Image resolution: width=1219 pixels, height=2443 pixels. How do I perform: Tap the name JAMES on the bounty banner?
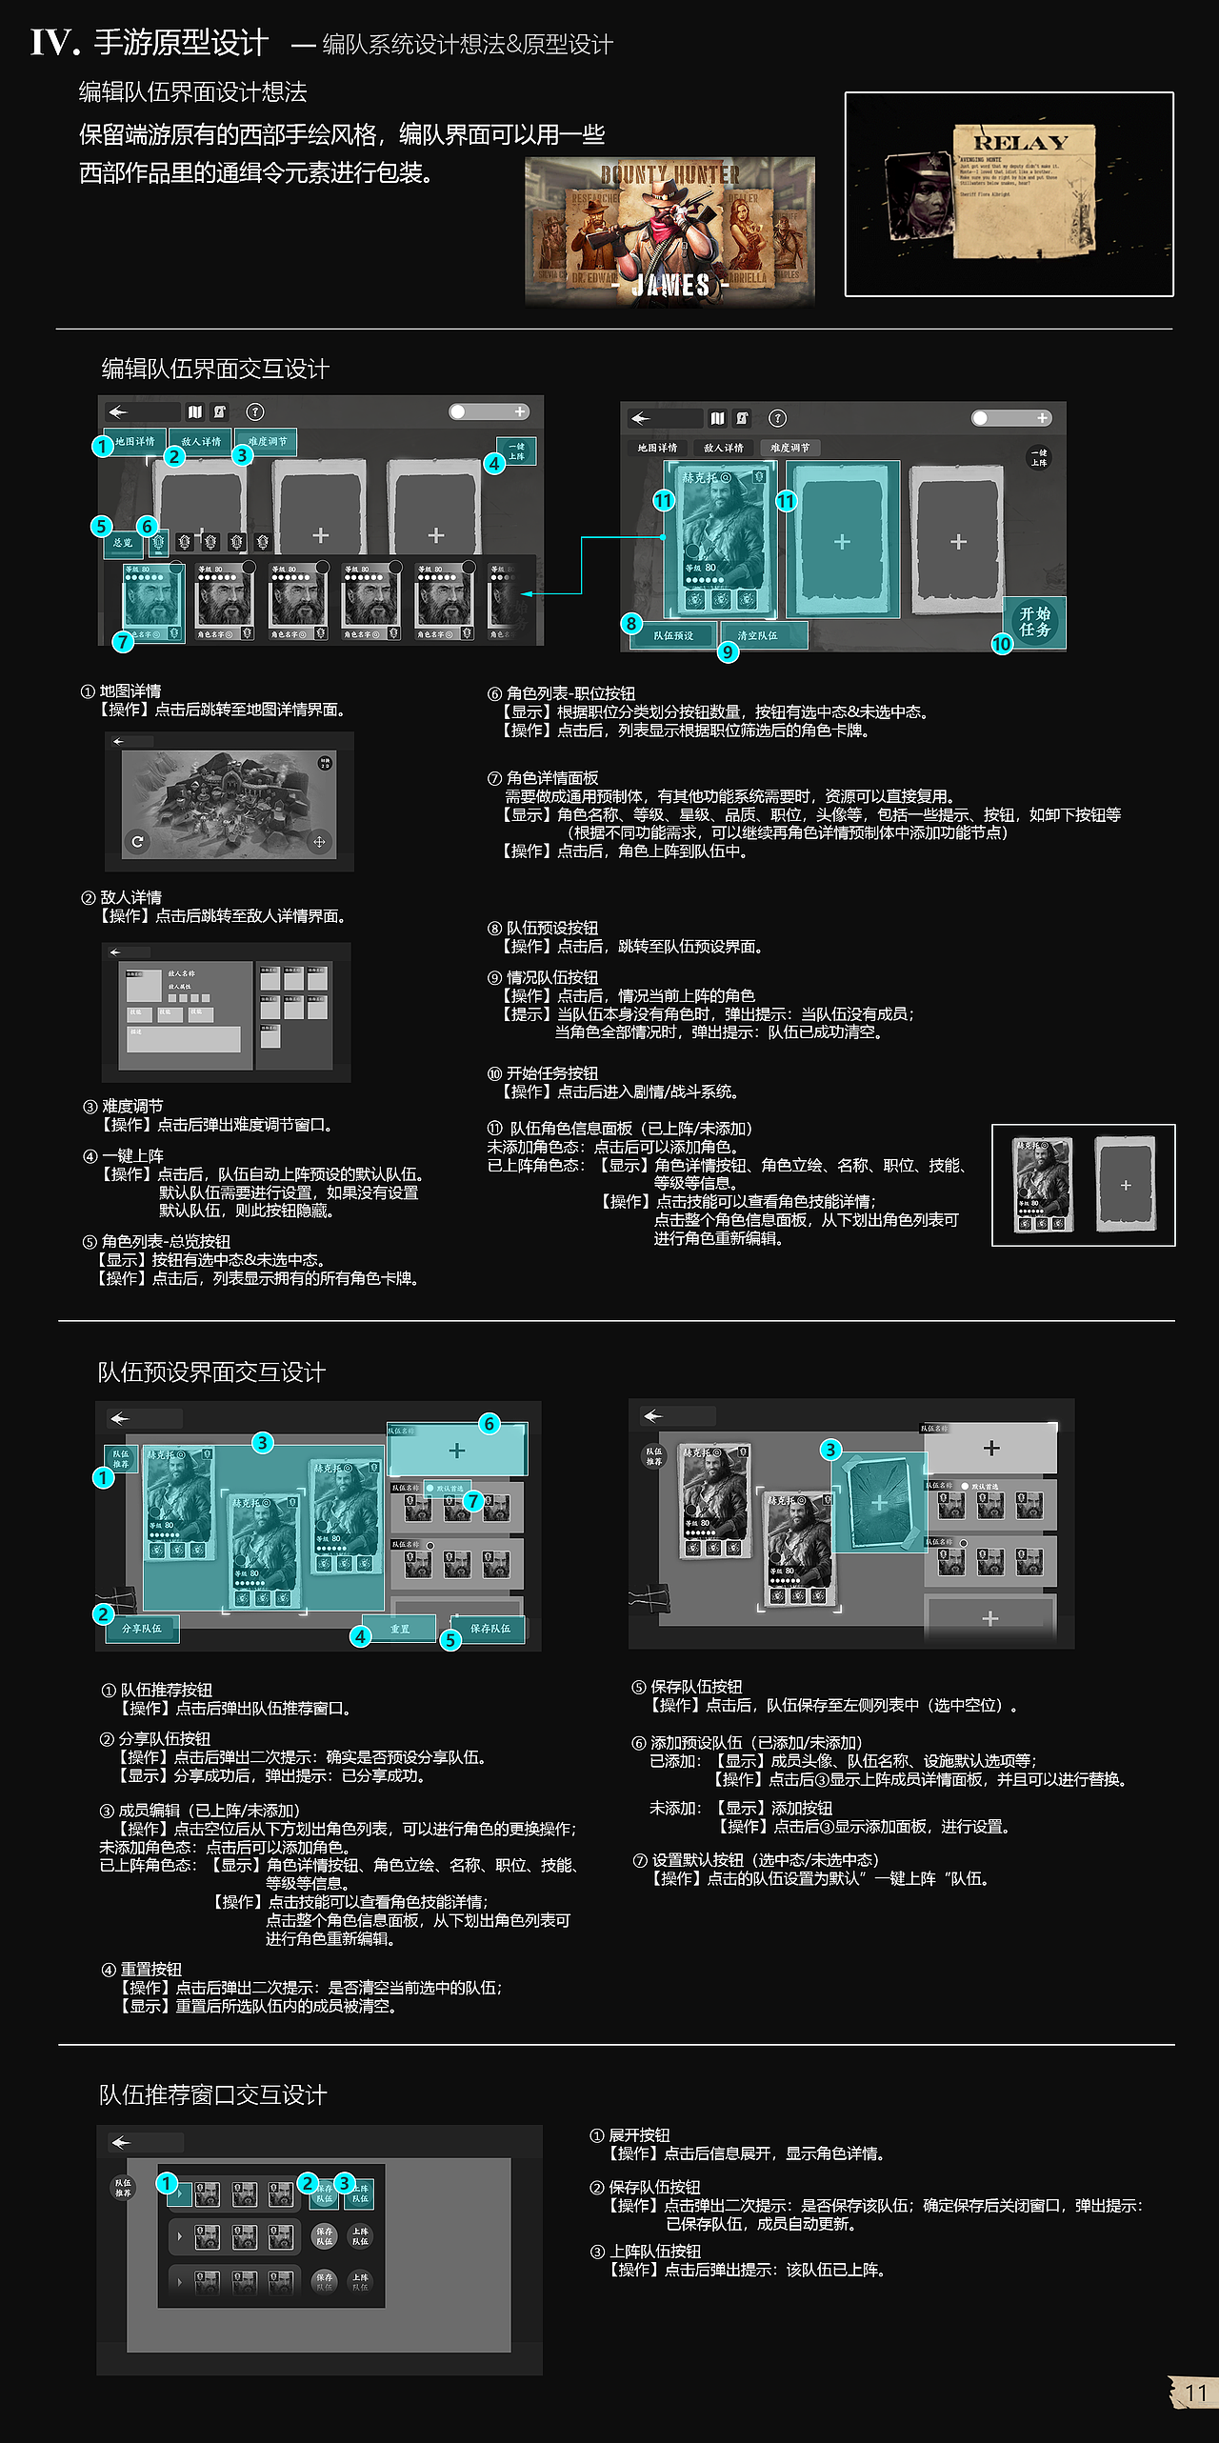point(671,285)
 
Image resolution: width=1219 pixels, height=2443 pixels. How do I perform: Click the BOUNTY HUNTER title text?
point(669,174)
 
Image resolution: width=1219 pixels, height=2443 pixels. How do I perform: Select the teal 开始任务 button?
point(1034,622)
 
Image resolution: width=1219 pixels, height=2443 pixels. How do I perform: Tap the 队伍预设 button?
point(673,635)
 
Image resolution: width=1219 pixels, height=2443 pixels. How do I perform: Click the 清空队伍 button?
point(758,635)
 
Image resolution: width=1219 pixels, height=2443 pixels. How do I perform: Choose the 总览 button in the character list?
point(123,543)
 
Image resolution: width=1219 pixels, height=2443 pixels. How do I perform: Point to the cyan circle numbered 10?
point(1002,645)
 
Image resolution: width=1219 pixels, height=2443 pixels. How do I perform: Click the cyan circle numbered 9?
point(728,651)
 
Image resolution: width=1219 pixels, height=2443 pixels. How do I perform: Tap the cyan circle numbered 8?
point(630,624)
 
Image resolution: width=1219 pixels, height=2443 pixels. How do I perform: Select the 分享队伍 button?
point(142,1629)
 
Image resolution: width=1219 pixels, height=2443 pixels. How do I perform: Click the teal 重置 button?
point(400,1629)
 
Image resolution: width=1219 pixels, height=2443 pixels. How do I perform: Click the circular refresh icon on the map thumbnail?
point(137,841)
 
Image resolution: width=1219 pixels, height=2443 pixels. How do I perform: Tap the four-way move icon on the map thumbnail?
point(319,841)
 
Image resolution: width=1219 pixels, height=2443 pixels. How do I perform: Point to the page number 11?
point(1195,2393)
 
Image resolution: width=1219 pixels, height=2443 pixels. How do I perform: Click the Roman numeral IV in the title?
point(53,43)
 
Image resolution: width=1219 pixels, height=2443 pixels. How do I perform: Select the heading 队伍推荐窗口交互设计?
point(213,2094)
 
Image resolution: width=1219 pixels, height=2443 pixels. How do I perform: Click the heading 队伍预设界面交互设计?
point(211,1372)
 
